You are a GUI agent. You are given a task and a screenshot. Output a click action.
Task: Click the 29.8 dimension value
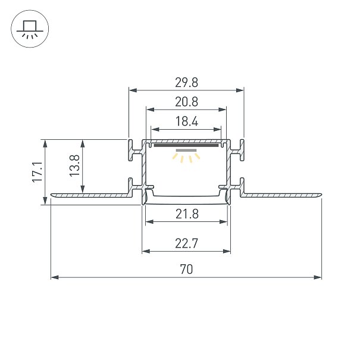point(186,83)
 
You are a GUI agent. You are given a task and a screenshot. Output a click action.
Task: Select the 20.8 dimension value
point(186,102)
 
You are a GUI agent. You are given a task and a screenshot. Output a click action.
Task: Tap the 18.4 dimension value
point(187,121)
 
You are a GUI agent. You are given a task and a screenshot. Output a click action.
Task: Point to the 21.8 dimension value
point(187,214)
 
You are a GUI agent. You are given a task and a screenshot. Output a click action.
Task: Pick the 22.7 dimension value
point(186,243)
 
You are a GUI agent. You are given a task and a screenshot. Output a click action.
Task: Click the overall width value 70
point(186,270)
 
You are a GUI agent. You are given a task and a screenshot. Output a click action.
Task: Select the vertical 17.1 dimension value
point(37,172)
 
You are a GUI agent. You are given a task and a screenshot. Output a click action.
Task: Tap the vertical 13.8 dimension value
point(74,165)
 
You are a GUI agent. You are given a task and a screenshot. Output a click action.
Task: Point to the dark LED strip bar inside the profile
point(186,145)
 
